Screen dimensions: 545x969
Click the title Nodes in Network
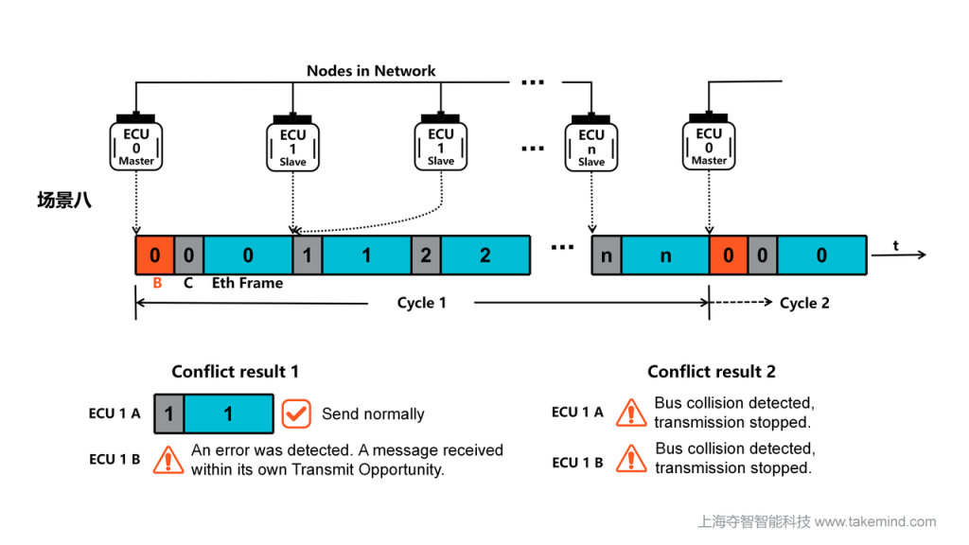pyautogui.click(x=371, y=71)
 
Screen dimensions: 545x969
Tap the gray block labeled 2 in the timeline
pyautogui.click(x=426, y=255)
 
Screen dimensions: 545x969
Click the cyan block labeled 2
pyautogui.click(x=485, y=255)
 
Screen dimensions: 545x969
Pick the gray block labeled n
pyautogui.click(x=607, y=255)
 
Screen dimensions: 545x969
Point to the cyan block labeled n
pyautogui.click(x=665, y=255)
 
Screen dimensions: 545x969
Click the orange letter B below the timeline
pyautogui.click(x=157, y=282)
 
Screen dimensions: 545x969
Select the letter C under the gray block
pyautogui.click(x=188, y=282)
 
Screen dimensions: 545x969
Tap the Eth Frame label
pyautogui.click(x=247, y=282)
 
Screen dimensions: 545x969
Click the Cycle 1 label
pyautogui.click(x=421, y=303)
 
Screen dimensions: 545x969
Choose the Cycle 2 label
pyautogui.click(x=804, y=303)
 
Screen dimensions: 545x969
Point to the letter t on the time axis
pyautogui.click(x=896, y=246)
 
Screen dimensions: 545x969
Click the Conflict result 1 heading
pyautogui.click(x=235, y=372)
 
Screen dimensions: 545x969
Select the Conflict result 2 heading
pyautogui.click(x=711, y=372)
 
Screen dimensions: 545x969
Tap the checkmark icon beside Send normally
pyautogui.click(x=297, y=413)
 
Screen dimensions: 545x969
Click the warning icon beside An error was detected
pyautogui.click(x=168, y=459)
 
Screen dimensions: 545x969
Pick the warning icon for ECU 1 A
pyautogui.click(x=631, y=413)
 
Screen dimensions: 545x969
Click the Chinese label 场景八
pyautogui.click(x=63, y=200)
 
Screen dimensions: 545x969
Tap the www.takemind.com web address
pyautogui.click(x=875, y=521)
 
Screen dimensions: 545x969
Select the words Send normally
pyautogui.click(x=373, y=413)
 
